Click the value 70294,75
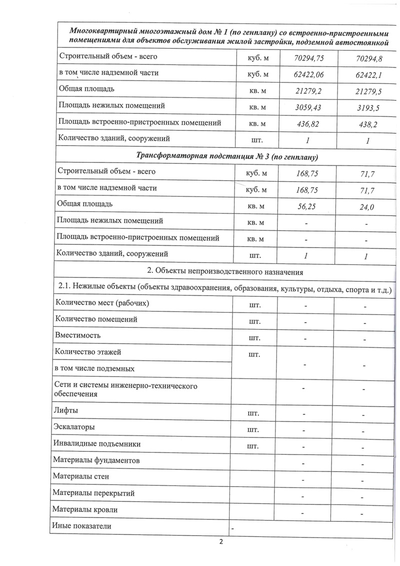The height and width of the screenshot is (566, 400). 309,59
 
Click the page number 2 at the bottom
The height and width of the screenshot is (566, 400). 220,542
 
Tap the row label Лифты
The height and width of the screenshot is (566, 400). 65,411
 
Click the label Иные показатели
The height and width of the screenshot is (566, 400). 81,526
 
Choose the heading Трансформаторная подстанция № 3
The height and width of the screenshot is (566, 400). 227,156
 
